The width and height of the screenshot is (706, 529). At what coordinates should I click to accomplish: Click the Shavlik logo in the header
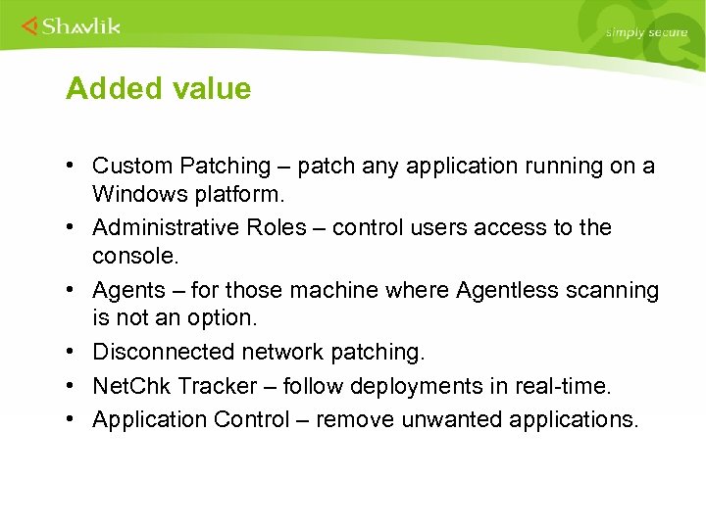(71, 25)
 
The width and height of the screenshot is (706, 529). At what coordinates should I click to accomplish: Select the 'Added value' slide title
(158, 89)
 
